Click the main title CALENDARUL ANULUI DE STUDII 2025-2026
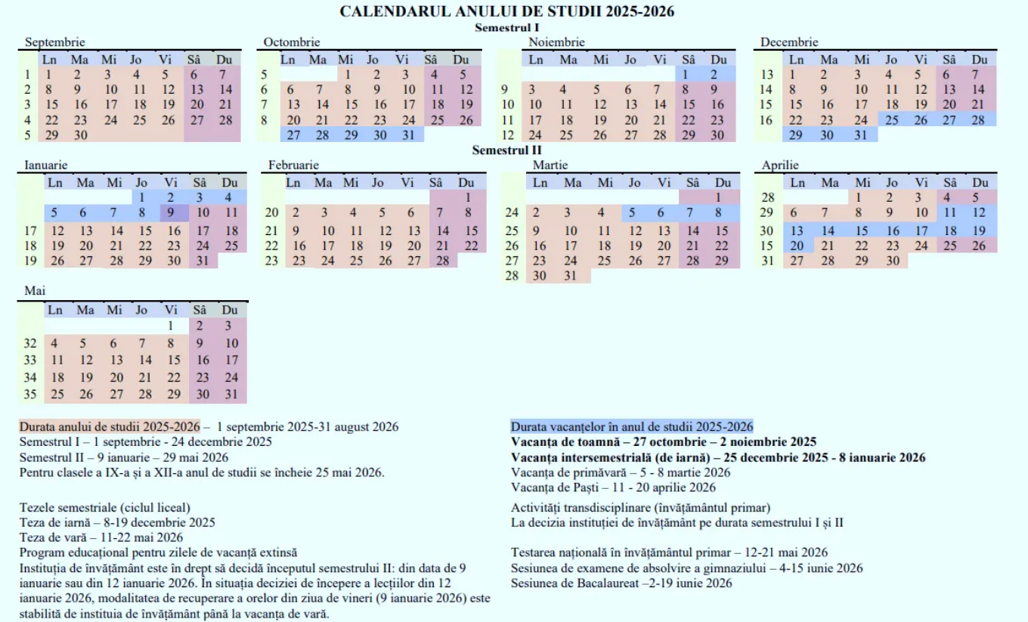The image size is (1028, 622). click(507, 11)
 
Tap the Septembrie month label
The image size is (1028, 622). click(54, 42)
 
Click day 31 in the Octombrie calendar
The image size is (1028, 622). click(409, 135)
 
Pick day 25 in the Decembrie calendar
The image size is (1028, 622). click(892, 119)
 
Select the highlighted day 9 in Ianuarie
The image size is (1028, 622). click(172, 213)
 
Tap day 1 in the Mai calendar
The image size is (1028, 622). click(172, 326)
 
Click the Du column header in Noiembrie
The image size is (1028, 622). click(719, 59)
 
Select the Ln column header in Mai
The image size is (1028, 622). click(55, 310)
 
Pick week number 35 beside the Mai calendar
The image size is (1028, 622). click(30, 395)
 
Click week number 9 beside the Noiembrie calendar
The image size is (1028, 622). click(504, 90)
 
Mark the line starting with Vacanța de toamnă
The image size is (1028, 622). click(663, 442)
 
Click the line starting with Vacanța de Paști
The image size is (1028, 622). click(613, 487)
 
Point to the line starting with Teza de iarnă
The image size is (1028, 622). click(117, 522)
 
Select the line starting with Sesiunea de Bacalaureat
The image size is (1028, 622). click(621, 583)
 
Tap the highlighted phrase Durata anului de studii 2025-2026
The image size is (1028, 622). click(110, 427)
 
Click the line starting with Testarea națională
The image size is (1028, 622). click(669, 552)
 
